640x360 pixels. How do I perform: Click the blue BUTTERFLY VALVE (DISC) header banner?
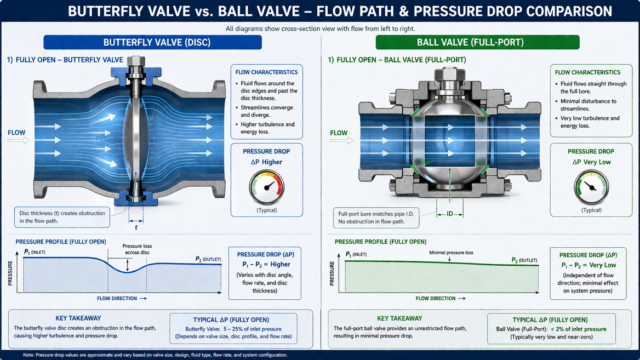(153, 42)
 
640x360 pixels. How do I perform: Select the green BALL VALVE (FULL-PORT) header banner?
(477, 42)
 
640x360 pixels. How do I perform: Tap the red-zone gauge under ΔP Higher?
(266, 187)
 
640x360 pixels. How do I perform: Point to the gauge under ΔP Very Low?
(591, 187)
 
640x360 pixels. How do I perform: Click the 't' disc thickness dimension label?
(136, 227)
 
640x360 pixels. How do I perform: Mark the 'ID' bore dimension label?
(450, 214)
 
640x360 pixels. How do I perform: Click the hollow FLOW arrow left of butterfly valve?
(19, 140)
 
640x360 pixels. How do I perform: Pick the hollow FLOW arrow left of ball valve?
(341, 141)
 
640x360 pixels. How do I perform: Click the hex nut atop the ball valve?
(450, 75)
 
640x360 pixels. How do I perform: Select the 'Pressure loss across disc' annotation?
(137, 249)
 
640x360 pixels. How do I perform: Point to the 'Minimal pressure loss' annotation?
(451, 253)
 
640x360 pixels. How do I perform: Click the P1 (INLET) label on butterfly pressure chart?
(35, 252)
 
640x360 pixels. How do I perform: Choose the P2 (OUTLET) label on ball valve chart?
(524, 260)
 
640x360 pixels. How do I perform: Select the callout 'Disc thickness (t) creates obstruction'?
(62, 213)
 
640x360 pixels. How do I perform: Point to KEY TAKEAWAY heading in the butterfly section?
(78, 318)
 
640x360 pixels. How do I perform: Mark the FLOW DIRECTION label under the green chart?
(436, 299)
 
